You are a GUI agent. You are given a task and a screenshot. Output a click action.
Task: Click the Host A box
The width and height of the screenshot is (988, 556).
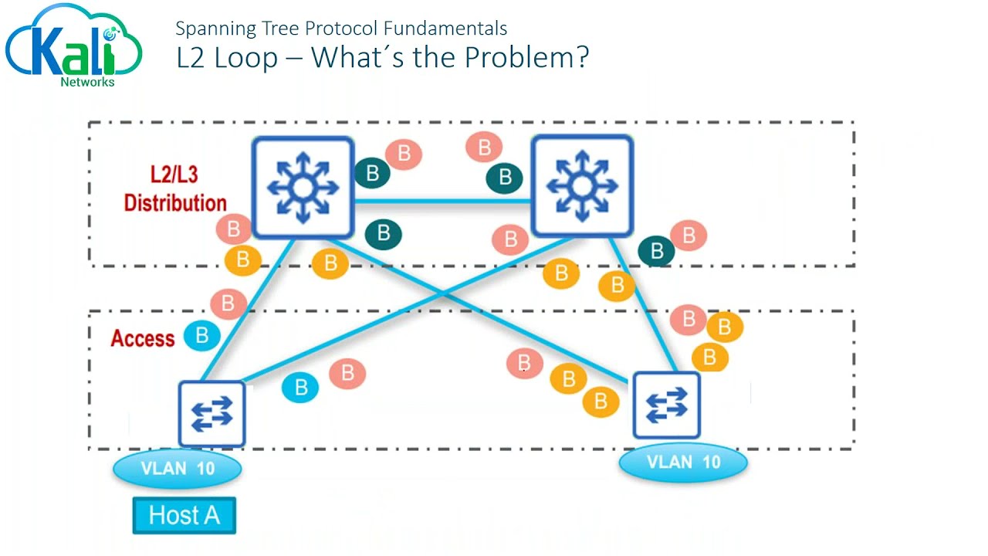tap(184, 515)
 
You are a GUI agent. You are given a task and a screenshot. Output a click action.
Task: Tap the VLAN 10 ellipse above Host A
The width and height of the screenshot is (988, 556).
tap(178, 468)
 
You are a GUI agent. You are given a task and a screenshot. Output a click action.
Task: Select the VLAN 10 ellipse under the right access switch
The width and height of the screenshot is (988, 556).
tap(683, 462)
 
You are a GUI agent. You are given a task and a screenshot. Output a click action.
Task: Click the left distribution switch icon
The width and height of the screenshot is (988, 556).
tap(303, 188)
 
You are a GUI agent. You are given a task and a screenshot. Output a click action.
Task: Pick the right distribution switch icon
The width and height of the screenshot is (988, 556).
tap(582, 186)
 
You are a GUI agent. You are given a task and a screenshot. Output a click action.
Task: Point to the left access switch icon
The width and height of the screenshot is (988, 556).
tap(211, 414)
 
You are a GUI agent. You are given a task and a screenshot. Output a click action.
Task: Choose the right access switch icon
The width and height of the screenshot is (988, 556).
tap(666, 405)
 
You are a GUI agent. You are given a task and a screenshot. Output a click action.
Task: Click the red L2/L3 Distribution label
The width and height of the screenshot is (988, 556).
tap(175, 188)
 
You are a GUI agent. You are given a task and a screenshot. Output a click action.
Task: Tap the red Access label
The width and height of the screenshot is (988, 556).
tap(143, 338)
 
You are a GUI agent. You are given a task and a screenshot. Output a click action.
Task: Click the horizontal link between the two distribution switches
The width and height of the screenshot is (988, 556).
tap(442, 202)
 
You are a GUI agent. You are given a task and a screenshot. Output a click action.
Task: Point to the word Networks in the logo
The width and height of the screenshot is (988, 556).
tap(87, 82)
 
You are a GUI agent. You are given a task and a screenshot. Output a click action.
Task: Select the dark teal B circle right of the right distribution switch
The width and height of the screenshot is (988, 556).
tap(657, 250)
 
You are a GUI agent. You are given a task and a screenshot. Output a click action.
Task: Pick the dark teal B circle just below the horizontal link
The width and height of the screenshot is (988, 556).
tap(383, 233)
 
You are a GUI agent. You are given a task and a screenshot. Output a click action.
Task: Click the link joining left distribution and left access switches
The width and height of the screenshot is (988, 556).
tap(247, 309)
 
